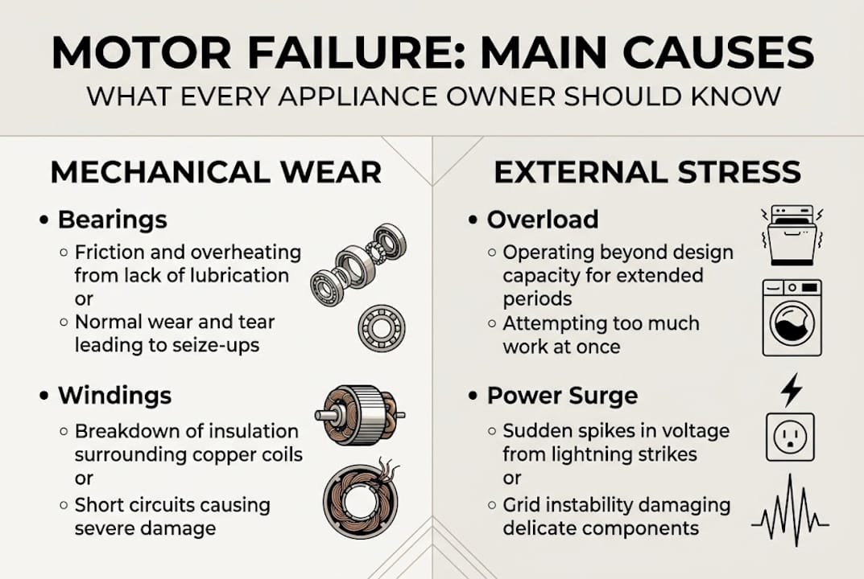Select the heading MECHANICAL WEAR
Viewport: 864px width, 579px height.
coord(216,172)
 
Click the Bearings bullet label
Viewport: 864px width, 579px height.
coord(112,220)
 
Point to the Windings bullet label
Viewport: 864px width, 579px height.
coord(114,395)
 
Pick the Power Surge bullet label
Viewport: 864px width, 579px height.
coord(562,396)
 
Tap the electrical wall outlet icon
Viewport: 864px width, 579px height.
coord(790,437)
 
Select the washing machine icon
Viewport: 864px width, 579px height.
coord(792,318)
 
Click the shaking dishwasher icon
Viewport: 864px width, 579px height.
coord(792,235)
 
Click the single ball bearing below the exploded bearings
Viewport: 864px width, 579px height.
coord(382,328)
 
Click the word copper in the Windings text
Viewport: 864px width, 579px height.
coord(220,454)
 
